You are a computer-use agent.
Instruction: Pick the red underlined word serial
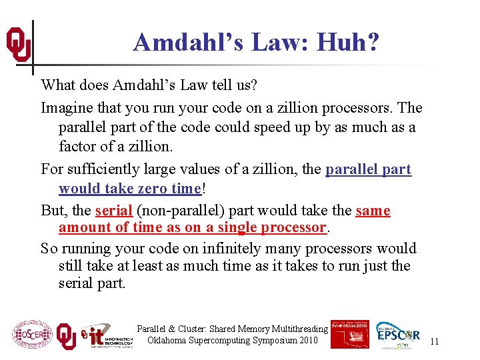click(113, 211)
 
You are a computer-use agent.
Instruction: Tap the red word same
click(373, 211)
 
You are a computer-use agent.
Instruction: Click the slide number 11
click(434, 341)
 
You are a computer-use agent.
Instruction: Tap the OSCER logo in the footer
click(32, 335)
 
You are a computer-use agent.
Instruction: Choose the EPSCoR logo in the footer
click(398, 335)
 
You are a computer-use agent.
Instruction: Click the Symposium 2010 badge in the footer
click(349, 333)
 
